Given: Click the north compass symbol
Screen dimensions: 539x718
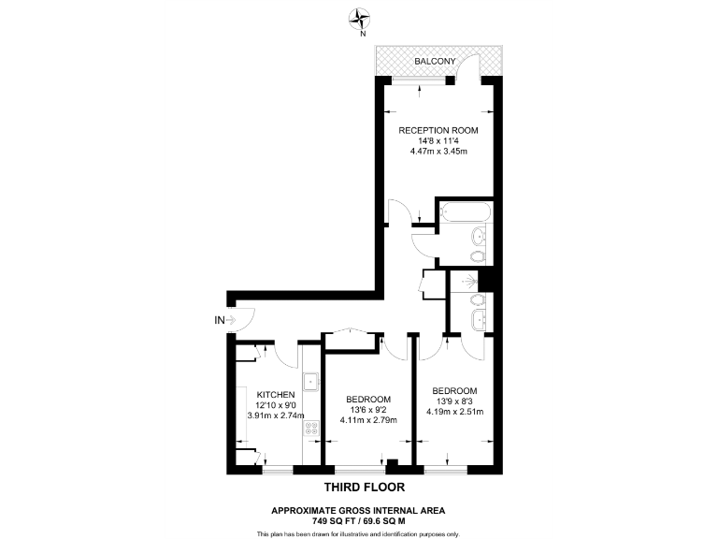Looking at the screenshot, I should (x=360, y=16).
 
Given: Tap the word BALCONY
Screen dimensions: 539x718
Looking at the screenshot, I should (x=436, y=62).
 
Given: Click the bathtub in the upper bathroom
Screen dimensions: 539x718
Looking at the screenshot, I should (x=463, y=212).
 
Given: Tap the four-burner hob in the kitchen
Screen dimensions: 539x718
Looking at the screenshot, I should (x=311, y=431).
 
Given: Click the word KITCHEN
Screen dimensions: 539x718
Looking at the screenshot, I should (x=276, y=394).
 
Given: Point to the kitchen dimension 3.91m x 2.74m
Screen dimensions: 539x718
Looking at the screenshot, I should (x=276, y=415).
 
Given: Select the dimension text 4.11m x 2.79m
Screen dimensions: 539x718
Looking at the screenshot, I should (x=367, y=420).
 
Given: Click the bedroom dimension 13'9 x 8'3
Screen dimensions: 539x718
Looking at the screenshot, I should (x=454, y=401).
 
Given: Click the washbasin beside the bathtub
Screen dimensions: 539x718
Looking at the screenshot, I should (x=479, y=236).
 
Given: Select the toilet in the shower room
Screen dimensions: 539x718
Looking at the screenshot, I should (x=477, y=299).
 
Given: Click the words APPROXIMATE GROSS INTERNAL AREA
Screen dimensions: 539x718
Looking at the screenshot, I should (x=358, y=509).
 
